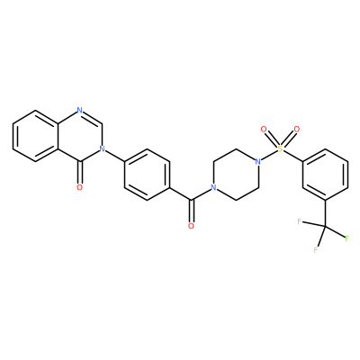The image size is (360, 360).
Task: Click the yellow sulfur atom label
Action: [x=280, y=148]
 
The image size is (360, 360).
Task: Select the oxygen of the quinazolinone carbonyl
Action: [x=79, y=187]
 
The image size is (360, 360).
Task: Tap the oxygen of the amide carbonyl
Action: [x=191, y=226]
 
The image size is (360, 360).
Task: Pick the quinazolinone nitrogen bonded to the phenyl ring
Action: [x=102, y=148]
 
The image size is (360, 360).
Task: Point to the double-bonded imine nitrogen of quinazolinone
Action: [x=79, y=110]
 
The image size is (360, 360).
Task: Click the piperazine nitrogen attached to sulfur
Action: [x=257, y=162]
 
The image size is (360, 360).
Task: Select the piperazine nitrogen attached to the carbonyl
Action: [x=213, y=187]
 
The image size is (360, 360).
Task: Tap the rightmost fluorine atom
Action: [x=347, y=238]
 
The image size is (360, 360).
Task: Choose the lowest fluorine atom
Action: [x=316, y=249]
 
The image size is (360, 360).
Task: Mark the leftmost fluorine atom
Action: [x=299, y=221]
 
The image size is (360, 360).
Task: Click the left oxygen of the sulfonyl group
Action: [x=264, y=130]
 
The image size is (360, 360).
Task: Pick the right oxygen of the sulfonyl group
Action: [x=297, y=130]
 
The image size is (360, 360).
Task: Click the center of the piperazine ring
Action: [x=236, y=175]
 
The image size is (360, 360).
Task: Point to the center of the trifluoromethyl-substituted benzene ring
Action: [x=325, y=175]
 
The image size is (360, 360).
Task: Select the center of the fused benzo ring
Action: [x=35, y=136]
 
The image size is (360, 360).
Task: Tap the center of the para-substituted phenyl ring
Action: [x=147, y=175]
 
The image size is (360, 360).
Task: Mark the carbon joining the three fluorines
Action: [x=325, y=227]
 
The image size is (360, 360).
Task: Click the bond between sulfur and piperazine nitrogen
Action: [x=269, y=155]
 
